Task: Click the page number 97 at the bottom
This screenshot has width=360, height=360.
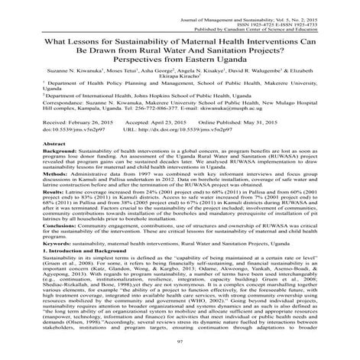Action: click(x=180, y=349)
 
